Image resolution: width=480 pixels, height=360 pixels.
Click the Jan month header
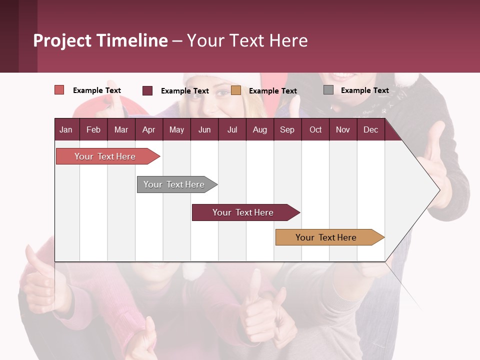point(66,129)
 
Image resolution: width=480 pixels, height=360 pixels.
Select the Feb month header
point(93,129)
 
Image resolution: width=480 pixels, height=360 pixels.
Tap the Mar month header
point(121,129)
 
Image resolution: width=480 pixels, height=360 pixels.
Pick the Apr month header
point(148,129)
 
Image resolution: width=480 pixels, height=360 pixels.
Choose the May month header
point(176,129)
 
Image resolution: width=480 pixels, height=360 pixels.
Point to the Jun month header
point(204,129)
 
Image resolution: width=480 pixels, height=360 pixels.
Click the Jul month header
point(232,129)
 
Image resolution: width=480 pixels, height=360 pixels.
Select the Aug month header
point(259,129)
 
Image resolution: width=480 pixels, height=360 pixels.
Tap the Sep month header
point(287,129)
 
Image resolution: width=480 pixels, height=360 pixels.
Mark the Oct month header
point(315,129)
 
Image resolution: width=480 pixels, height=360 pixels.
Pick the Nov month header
point(343,129)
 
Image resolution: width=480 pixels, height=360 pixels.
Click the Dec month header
point(370,129)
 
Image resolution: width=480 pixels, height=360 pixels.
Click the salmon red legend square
point(59,90)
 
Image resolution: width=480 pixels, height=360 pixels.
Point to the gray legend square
point(328,90)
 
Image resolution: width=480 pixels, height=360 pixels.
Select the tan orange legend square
point(236,90)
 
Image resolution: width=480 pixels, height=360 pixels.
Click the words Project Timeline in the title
point(100,40)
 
